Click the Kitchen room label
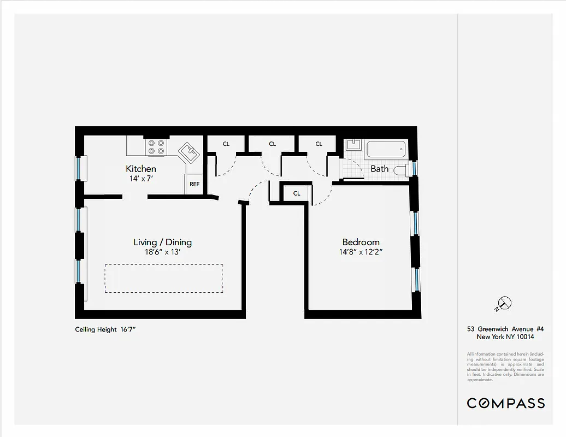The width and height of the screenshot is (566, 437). (141, 169)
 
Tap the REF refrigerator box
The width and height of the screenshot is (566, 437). (194, 184)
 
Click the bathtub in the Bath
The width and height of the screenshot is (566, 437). (386, 149)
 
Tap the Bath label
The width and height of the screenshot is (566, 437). (379, 169)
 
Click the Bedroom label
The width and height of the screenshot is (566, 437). (361, 242)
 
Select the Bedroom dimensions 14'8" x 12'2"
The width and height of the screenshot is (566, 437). (361, 252)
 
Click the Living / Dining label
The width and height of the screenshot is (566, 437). (163, 242)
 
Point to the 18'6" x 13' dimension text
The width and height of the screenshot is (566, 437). (163, 252)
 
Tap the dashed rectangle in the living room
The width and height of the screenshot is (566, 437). (164, 278)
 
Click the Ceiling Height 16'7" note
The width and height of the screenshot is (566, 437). (109, 329)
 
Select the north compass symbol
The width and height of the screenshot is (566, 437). (504, 303)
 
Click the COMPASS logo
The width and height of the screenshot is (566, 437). (505, 403)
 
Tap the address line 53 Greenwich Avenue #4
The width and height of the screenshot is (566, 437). (509, 329)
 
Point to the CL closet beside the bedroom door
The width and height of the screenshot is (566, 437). (297, 193)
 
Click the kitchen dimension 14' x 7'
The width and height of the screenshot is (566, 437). (141, 179)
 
